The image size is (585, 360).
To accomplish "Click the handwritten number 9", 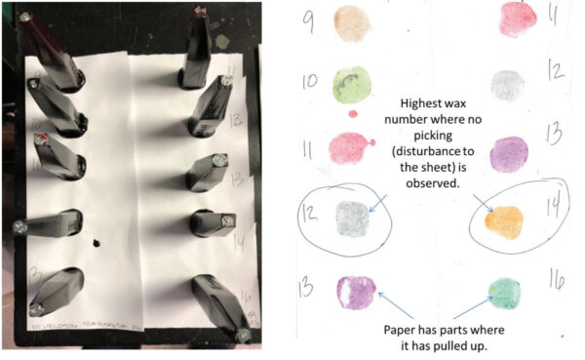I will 310,19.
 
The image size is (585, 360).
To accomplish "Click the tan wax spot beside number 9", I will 348,20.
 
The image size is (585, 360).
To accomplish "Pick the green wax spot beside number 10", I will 351,83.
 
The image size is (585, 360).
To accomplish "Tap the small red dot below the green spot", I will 352,114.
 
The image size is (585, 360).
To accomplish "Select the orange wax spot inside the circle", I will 505,220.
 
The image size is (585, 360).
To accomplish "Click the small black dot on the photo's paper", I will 98,241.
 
